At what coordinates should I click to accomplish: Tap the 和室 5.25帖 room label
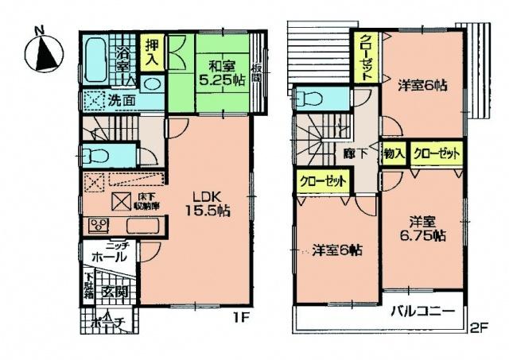pos(217,74)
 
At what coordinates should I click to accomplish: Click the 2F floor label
pos(476,327)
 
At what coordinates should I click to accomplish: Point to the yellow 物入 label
pos(394,152)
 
